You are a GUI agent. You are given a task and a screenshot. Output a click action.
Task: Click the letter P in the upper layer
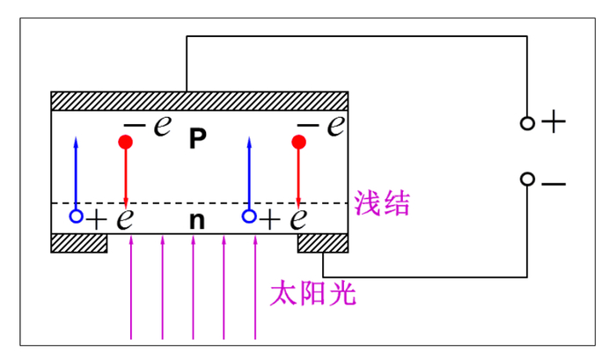(198, 139)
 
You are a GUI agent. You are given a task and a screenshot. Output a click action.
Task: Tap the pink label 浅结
(382, 204)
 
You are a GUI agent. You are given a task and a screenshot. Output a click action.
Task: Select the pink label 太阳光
(312, 292)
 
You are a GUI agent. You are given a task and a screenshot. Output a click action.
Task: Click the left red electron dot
(126, 141)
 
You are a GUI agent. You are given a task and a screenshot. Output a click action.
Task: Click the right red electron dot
(299, 141)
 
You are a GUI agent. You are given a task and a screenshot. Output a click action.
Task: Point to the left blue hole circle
(77, 216)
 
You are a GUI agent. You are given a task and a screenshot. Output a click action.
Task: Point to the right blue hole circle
(249, 216)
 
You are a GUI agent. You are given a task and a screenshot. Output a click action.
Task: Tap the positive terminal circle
(527, 123)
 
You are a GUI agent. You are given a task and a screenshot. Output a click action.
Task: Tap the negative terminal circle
(527, 180)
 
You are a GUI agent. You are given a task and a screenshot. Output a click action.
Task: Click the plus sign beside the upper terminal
(553, 122)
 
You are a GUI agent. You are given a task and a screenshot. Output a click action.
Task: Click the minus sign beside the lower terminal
(554, 184)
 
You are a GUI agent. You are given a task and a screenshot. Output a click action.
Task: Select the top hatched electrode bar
(200, 100)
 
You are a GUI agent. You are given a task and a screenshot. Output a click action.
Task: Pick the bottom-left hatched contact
(79, 242)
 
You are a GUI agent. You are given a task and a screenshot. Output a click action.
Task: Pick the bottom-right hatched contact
(323, 242)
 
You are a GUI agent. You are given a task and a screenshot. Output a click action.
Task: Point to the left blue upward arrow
(77, 172)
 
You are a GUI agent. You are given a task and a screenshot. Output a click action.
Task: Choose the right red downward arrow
(299, 176)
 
